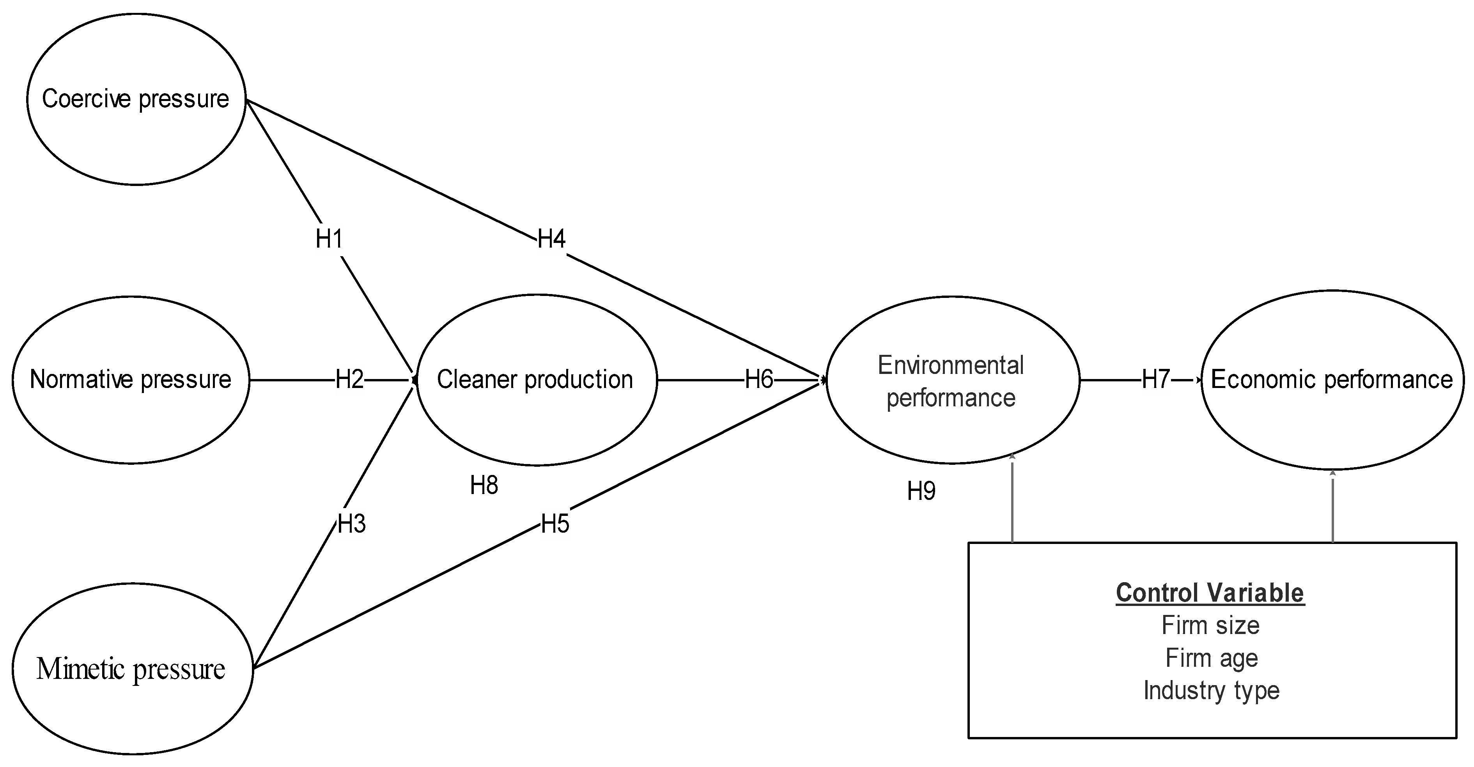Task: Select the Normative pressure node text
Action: (x=131, y=379)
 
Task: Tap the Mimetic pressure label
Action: (x=131, y=669)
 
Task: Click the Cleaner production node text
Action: (x=535, y=379)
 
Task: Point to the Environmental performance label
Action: (x=951, y=381)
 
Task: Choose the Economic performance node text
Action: (x=1332, y=379)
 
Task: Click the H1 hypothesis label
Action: (x=329, y=239)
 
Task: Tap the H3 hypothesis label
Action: (x=351, y=524)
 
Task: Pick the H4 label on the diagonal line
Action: (x=551, y=239)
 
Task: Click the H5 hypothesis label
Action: (x=555, y=524)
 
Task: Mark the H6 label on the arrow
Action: (x=759, y=379)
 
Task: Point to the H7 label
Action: (x=1156, y=379)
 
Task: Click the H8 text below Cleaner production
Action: (x=484, y=485)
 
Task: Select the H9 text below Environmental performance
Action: (x=921, y=491)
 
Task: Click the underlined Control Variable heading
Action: (x=1210, y=593)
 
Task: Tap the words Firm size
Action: (x=1210, y=625)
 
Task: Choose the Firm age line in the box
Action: (x=1211, y=658)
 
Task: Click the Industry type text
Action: (x=1211, y=690)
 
